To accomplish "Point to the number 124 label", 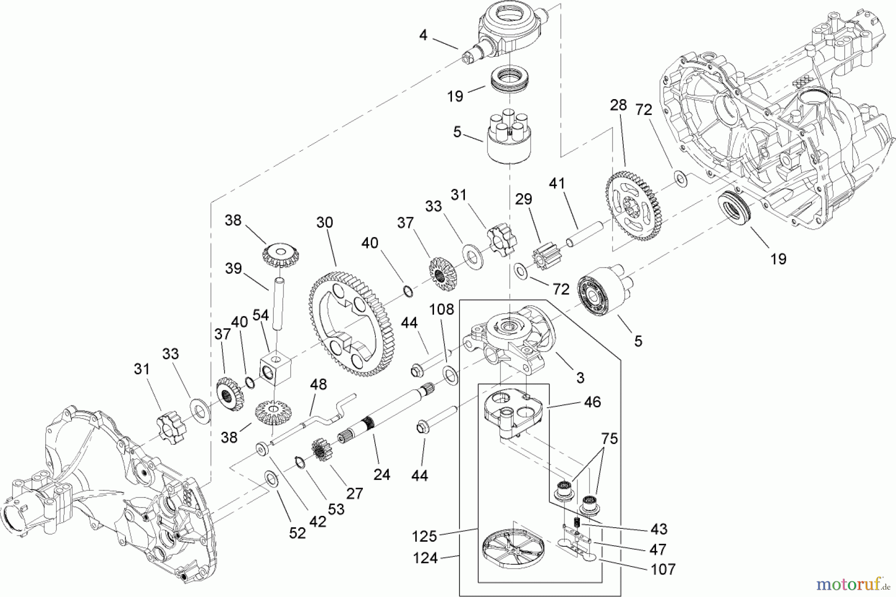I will tap(425, 558).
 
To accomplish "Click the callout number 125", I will tap(424, 536).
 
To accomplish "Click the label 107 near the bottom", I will tap(664, 569).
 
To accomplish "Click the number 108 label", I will tap(442, 310).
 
